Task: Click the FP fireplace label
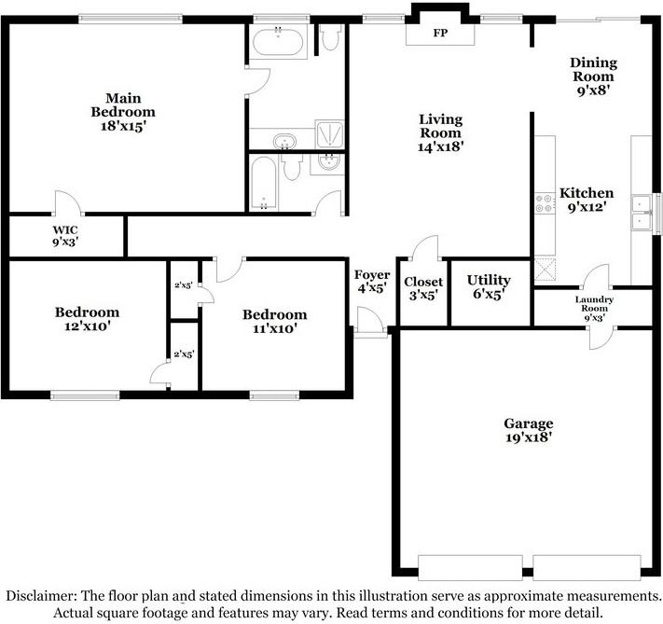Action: [440, 33]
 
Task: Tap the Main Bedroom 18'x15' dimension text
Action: [123, 126]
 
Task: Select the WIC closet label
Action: [65, 229]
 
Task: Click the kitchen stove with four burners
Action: [545, 203]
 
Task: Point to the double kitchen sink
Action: [642, 213]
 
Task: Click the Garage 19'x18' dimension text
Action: [528, 437]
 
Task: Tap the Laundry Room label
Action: [594, 304]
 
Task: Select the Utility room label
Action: [489, 281]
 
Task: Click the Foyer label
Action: [372, 275]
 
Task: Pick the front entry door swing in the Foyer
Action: [370, 320]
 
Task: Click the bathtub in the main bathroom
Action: [278, 41]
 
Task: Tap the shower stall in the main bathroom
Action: [329, 134]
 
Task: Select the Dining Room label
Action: [594, 69]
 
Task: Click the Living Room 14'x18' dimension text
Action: [440, 146]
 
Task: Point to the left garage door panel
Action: [470, 568]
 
